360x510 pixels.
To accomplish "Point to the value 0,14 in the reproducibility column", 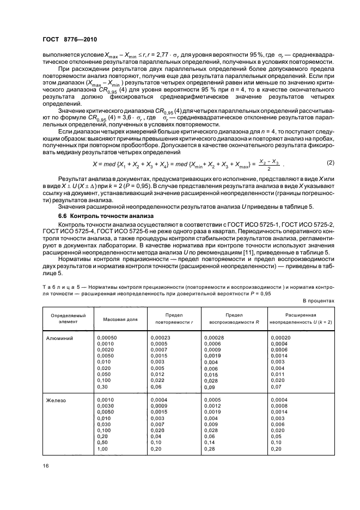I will point(210,442).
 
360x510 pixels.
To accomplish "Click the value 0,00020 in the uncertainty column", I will point(280,338).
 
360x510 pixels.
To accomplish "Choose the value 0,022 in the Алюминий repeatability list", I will point(157,380).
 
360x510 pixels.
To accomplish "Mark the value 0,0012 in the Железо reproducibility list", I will point(212,406).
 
